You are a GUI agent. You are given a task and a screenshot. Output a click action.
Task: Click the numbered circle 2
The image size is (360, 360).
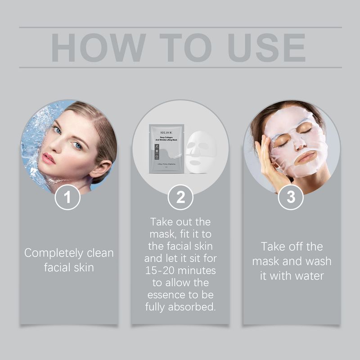pos(180,197)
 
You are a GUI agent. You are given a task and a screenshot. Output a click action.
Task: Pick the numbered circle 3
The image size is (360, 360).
pos(291,197)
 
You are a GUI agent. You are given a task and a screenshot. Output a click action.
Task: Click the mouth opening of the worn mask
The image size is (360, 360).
pos(306,157)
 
